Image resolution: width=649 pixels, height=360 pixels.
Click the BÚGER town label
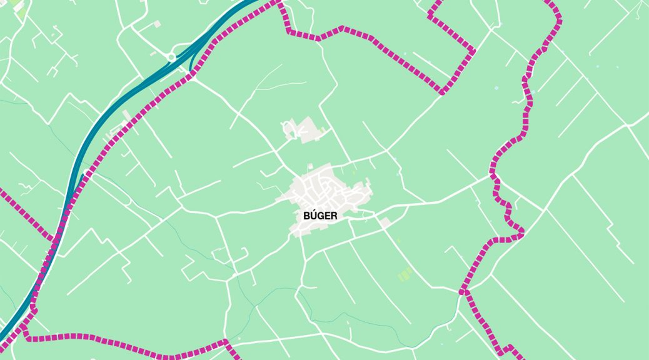click(320, 216)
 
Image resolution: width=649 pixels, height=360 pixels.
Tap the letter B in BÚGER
click(306, 216)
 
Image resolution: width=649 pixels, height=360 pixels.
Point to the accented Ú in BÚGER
click(313, 215)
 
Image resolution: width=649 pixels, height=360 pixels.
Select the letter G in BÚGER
click(320, 216)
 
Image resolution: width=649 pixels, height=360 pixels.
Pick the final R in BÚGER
click(334, 216)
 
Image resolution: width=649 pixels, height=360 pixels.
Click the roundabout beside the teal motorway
click(171, 57)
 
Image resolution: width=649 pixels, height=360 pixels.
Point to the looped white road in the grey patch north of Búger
click(290, 131)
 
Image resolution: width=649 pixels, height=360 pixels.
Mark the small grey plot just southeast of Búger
click(385, 222)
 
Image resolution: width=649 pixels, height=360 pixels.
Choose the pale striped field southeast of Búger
click(405, 274)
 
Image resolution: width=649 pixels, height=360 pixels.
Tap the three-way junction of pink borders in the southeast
click(464, 291)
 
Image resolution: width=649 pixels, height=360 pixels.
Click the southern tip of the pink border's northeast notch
click(443, 92)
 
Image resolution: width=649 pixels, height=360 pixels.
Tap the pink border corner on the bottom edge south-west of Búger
click(226, 342)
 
